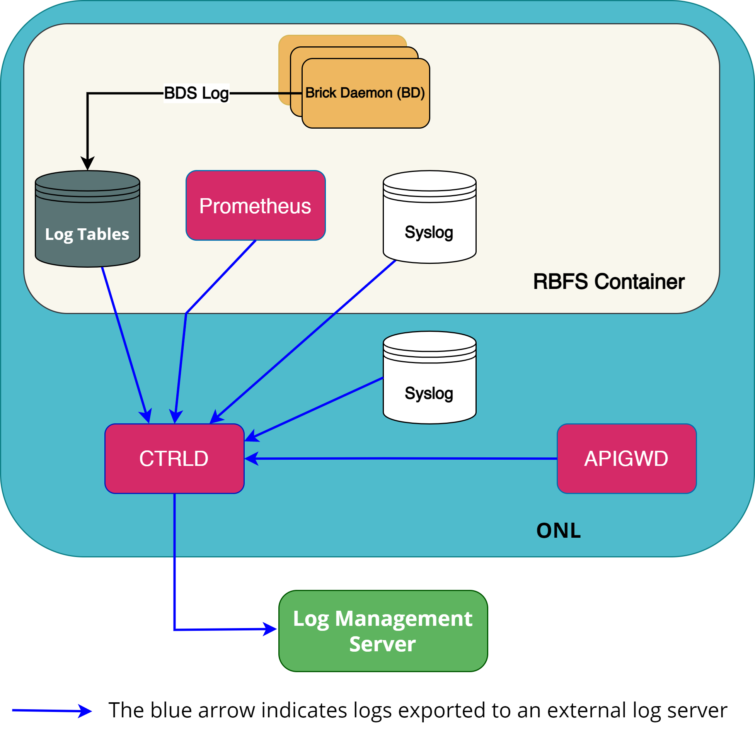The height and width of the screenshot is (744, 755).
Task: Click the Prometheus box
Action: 256,206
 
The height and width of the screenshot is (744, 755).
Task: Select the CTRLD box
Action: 174,458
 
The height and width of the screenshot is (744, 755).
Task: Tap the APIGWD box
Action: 626,458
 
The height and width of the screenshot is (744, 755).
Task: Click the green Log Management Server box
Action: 383,631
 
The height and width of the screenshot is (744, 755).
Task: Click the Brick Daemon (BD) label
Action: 365,93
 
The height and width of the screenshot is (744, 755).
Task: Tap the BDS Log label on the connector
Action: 196,93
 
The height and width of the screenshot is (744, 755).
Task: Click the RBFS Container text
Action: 609,282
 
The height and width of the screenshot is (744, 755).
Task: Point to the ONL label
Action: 559,530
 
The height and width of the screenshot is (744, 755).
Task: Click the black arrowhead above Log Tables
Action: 87,163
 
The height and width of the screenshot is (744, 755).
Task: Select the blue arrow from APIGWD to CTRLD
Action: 402,459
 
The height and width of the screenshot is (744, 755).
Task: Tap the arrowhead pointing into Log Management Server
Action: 270,629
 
